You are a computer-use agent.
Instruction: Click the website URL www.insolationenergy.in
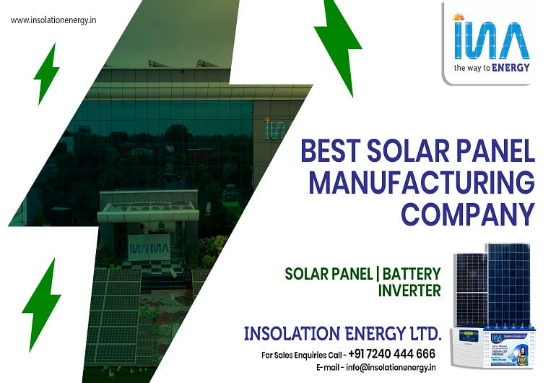pyautogui.click(x=53, y=20)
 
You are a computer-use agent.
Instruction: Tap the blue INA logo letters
pyautogui.click(x=492, y=40)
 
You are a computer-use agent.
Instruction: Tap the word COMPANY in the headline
pyautogui.click(x=467, y=214)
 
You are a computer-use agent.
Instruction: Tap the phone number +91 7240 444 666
pyautogui.click(x=391, y=354)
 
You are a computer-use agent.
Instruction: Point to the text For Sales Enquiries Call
pyautogui.click(x=302, y=355)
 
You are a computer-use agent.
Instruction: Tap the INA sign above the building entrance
pyautogui.click(x=148, y=248)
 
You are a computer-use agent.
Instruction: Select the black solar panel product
pyautogui.click(x=470, y=289)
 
